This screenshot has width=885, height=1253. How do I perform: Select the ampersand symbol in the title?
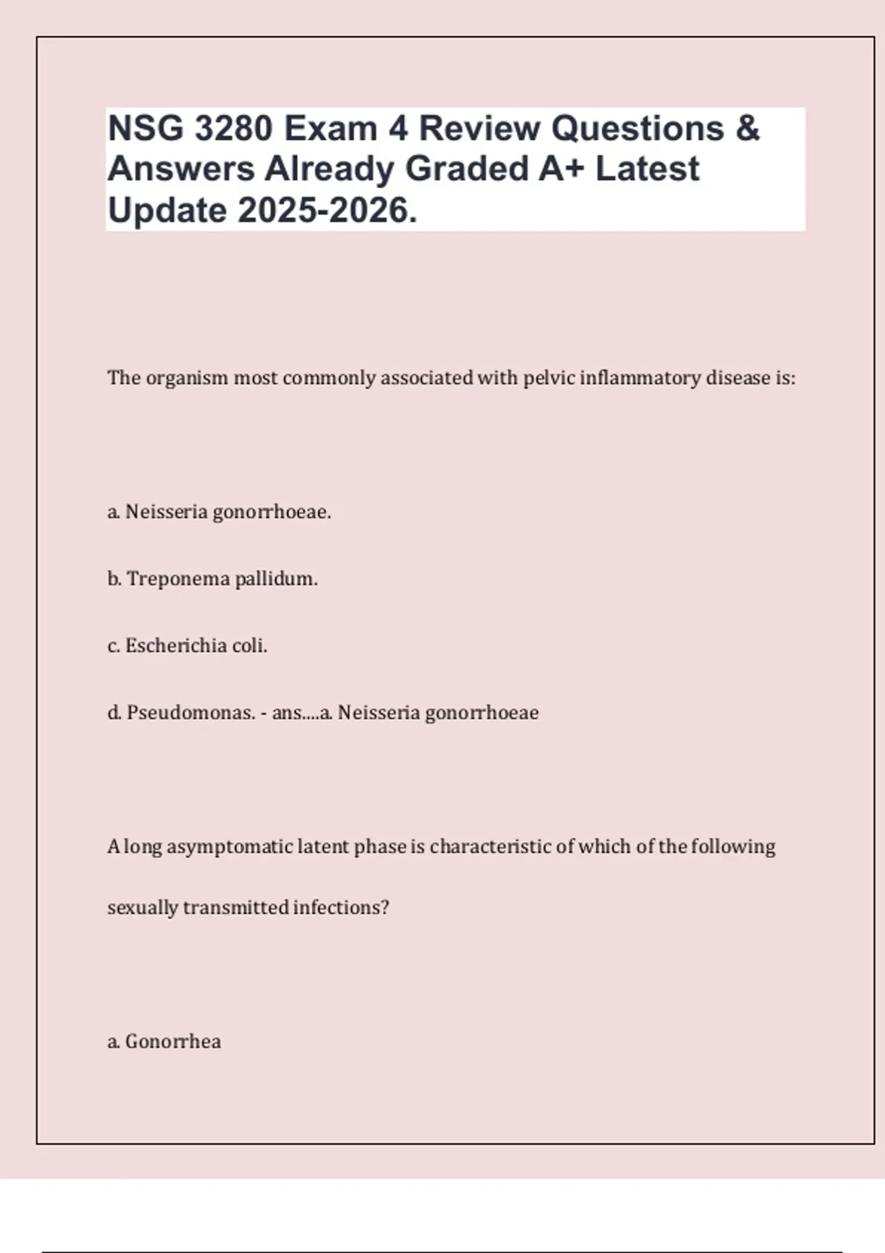[747, 129]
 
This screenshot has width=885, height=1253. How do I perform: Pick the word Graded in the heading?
[467, 169]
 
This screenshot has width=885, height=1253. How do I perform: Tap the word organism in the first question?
[187, 379]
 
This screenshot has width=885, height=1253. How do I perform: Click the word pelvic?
[549, 378]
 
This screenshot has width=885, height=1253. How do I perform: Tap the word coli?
[249, 646]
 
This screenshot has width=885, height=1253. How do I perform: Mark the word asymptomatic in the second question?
[229, 847]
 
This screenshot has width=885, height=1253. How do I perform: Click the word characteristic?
[490, 846]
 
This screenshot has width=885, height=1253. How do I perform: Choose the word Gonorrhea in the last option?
[173, 1041]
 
